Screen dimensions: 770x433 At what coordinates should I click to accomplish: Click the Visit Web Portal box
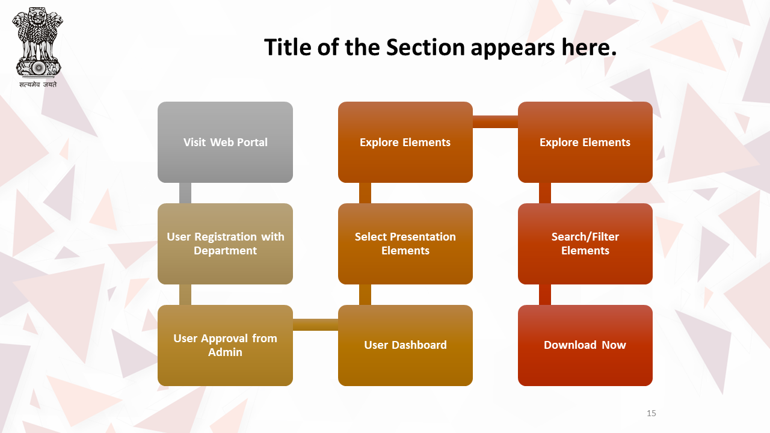coord(225,142)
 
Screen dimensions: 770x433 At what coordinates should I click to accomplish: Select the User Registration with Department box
coord(225,244)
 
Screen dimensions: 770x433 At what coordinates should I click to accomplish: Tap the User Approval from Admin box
coord(225,345)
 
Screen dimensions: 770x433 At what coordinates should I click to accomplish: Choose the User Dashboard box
coord(405,345)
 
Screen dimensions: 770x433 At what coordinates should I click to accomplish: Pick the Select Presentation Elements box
coord(405,244)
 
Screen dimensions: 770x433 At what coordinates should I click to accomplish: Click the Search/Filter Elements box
coord(585,244)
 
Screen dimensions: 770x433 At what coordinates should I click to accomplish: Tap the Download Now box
coord(585,345)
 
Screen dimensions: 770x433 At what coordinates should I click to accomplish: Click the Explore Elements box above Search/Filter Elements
coord(585,142)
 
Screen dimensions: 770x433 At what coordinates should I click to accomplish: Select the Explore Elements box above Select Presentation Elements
coord(405,142)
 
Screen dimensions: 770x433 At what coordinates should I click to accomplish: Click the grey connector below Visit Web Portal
coord(185,193)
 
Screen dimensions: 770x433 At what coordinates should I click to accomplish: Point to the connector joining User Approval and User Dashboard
coord(316,325)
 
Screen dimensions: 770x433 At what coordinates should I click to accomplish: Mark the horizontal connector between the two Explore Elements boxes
coord(495,121)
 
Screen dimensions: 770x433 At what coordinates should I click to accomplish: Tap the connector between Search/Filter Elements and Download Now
coord(545,295)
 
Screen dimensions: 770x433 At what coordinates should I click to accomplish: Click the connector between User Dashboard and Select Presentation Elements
coord(365,295)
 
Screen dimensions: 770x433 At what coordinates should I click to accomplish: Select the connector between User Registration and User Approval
coord(185,295)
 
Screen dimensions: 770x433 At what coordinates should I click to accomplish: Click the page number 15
coord(651,413)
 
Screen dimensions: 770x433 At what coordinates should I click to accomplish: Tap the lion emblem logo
coord(37,42)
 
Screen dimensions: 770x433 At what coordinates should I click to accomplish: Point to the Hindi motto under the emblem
coord(38,84)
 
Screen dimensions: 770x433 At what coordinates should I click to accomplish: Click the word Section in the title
coord(425,47)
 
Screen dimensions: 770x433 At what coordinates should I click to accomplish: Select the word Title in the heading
coord(288,47)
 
